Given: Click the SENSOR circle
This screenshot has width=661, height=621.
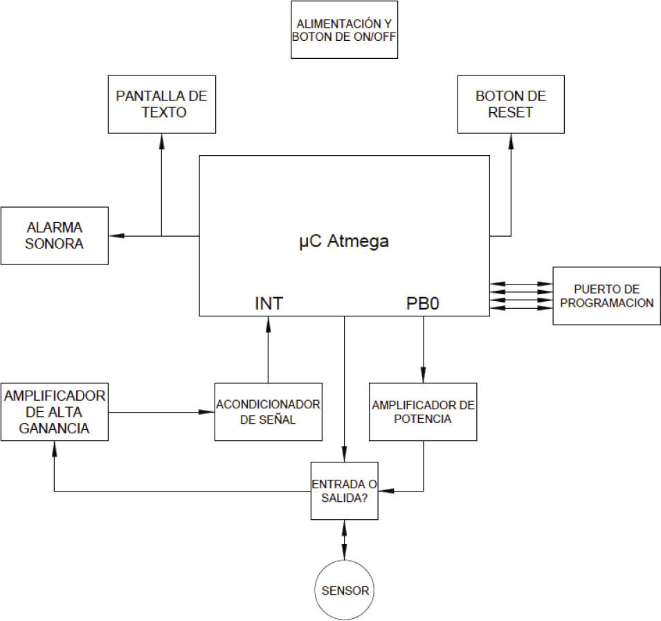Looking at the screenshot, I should tap(345, 591).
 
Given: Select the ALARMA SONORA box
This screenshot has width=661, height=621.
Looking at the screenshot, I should tap(55, 235).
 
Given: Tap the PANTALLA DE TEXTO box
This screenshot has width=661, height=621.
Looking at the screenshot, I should tap(162, 104).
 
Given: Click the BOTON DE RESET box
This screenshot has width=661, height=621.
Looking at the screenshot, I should tap(511, 104).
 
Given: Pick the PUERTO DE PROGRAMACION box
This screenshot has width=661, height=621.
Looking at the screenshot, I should tap(606, 296).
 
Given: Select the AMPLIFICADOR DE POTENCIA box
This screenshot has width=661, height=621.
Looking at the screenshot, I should tap(423, 411).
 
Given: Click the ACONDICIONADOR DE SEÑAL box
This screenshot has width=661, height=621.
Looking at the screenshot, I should tap(269, 411).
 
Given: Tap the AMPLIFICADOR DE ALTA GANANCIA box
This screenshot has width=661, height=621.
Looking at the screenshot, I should tap(55, 411).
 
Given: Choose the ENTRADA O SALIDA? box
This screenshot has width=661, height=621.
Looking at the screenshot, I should tap(344, 491).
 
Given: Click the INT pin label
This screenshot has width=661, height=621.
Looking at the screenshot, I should tap(269, 303).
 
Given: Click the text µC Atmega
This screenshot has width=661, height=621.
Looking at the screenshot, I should tap(344, 242).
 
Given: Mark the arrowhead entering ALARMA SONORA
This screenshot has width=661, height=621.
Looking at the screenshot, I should tap(116, 236).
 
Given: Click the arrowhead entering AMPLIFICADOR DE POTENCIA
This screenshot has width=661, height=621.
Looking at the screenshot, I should tap(423, 377).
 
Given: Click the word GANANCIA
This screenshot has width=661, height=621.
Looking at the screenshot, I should tap(55, 428).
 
